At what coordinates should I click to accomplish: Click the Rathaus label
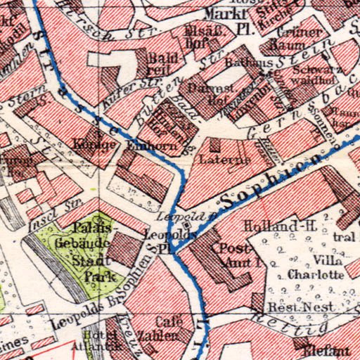[243, 63]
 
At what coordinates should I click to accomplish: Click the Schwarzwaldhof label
[304, 75]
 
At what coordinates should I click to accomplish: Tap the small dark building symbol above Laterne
[214, 146]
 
